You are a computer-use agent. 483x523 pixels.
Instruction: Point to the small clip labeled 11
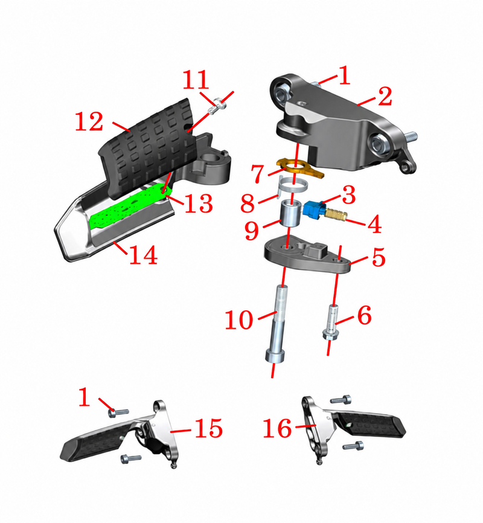coord(217,106)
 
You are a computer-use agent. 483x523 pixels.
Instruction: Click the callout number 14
coord(143,254)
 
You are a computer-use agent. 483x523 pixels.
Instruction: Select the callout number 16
coord(277,428)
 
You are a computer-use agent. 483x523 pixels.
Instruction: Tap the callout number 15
coord(208,428)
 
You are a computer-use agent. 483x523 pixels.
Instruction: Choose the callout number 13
coord(199,204)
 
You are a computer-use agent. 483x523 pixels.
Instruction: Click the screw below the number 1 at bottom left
coord(118,412)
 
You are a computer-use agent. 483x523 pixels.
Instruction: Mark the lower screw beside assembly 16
coord(353,446)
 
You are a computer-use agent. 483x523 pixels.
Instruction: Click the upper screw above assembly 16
coord(341,399)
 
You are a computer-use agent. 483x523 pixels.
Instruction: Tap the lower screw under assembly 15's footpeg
coord(131,459)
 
